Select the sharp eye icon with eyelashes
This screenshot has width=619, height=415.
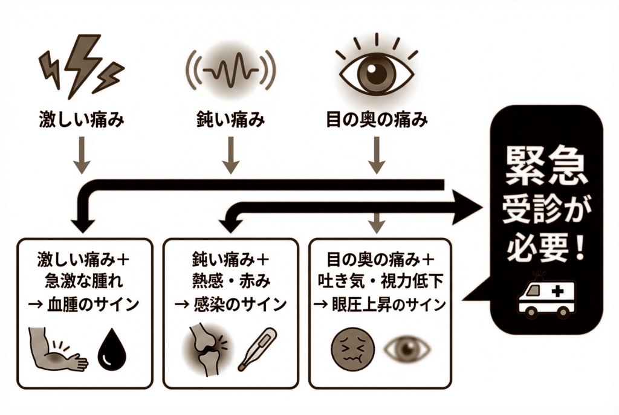click(x=376, y=69)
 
